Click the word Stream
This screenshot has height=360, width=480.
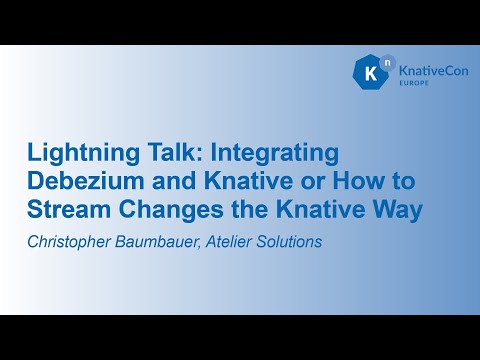(64, 211)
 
